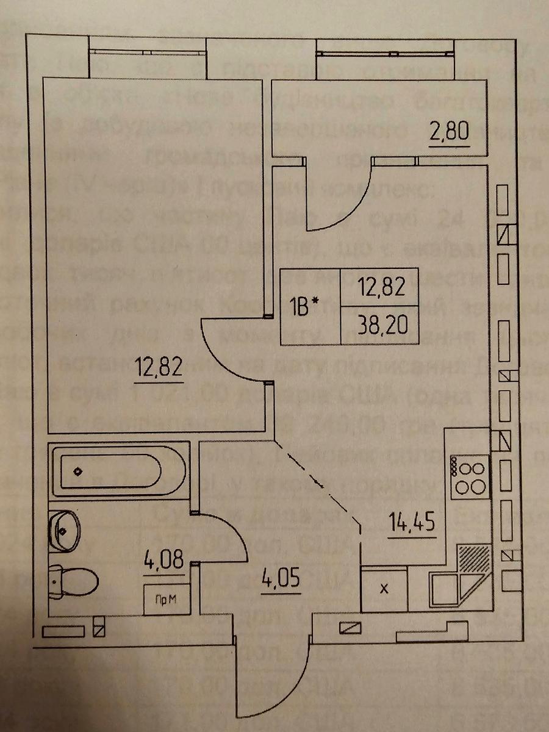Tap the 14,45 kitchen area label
coord(412,522)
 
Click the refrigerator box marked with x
coord(384,589)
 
